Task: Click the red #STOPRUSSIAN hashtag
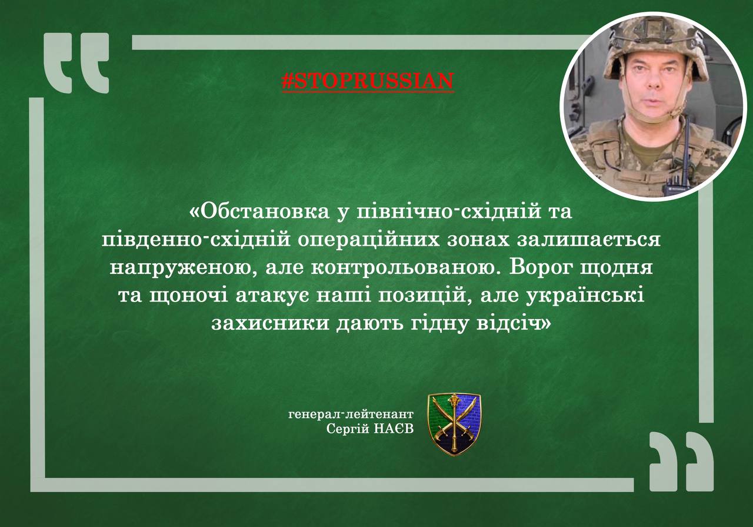(x=368, y=81)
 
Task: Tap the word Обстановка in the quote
(x=265, y=211)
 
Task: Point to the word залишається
(x=589, y=240)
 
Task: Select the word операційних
(x=368, y=240)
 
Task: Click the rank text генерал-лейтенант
(x=351, y=415)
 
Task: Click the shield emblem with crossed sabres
(x=454, y=425)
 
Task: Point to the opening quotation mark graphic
(x=76, y=63)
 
